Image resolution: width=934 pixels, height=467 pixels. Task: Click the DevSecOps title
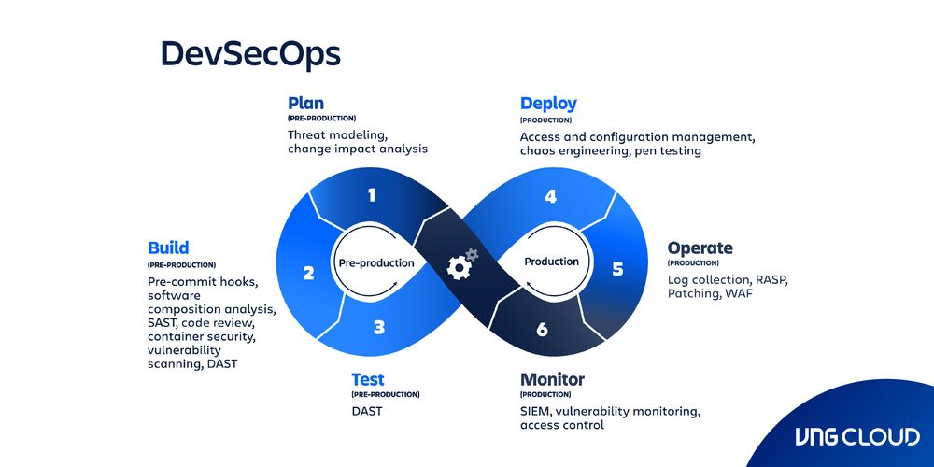click(250, 54)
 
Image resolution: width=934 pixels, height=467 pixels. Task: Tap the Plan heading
click(305, 104)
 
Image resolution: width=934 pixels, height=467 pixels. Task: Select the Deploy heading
click(548, 104)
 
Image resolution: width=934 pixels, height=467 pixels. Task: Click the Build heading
click(168, 248)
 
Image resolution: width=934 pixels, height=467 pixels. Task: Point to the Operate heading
click(700, 248)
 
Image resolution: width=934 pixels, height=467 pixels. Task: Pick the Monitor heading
click(552, 380)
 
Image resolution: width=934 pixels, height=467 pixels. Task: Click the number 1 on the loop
click(372, 195)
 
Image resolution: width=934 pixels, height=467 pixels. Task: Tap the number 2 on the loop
click(308, 274)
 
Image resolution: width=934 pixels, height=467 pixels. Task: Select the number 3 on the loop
click(378, 327)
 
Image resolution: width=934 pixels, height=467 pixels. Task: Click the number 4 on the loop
click(551, 196)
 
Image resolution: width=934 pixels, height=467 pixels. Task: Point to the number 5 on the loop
click(617, 269)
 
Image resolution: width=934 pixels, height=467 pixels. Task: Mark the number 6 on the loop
click(543, 330)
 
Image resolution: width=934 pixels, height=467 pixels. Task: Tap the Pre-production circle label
click(375, 263)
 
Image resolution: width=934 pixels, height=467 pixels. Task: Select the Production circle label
click(551, 262)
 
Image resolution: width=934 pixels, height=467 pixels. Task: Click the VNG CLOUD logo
click(856, 436)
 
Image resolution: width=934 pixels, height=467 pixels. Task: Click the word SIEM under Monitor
click(537, 411)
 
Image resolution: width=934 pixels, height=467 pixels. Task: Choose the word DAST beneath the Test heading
click(367, 411)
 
